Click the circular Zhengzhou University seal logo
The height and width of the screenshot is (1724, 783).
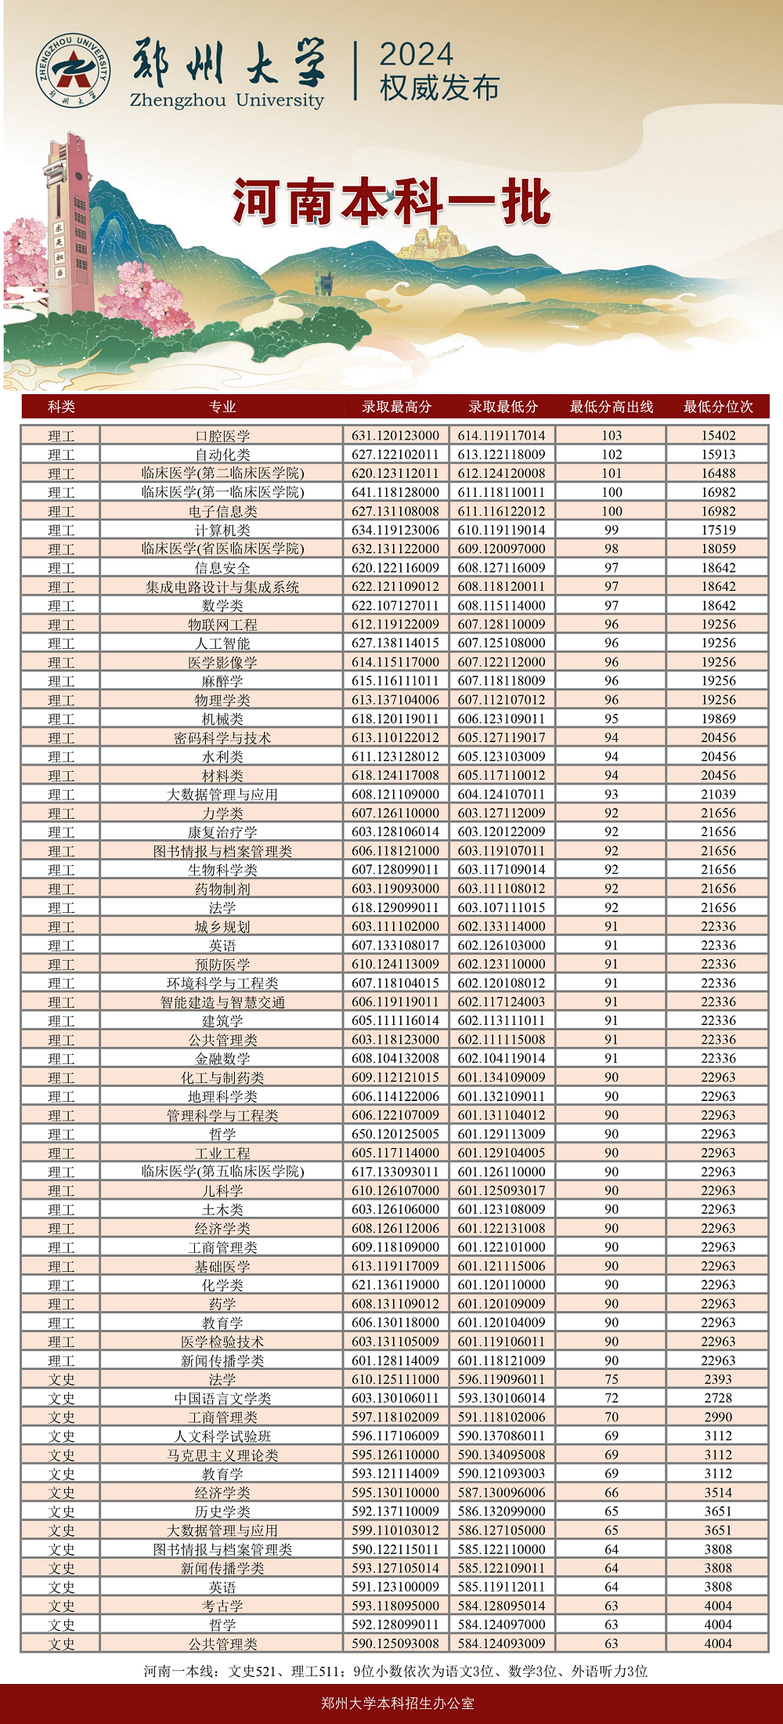73,71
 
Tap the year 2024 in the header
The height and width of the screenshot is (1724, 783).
416,55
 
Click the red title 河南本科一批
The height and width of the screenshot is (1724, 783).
391,202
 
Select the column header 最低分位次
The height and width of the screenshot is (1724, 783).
718,407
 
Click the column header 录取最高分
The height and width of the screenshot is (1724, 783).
396,407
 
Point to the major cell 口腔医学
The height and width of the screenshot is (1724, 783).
222,436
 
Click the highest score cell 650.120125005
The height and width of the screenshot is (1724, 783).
395,1134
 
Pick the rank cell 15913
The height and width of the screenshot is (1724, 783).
718,455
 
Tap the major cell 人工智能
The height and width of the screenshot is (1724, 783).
222,643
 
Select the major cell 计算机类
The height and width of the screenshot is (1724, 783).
222,530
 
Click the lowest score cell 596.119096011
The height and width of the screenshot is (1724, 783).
501,1379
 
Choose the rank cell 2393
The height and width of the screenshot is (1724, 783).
718,1379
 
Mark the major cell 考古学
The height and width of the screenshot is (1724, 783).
222,1606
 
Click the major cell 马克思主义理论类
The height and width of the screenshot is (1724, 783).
222,1454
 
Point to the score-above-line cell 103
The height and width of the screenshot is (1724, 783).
612,436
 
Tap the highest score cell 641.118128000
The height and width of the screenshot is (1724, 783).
395,492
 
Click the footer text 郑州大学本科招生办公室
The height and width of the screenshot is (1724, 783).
398,1703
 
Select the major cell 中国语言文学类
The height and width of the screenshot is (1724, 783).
222,1398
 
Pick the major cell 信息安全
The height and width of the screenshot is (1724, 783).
222,568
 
